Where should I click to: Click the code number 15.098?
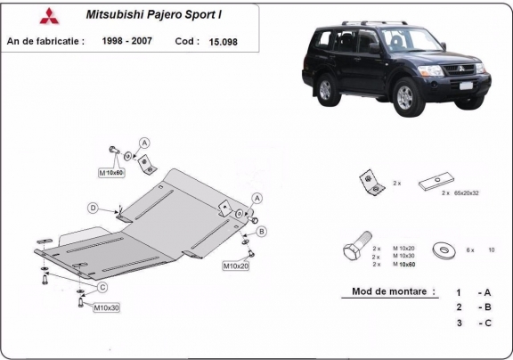pyautogui.click(x=224, y=40)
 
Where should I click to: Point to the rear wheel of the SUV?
pyautogui.click(x=323, y=88)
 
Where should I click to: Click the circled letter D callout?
pyautogui.click(x=92, y=208)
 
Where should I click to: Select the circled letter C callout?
pyautogui.click(x=102, y=286)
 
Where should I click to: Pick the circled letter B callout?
pyautogui.click(x=262, y=232)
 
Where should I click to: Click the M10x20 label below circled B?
pyautogui.click(x=236, y=266)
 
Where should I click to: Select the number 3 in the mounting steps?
pyautogui.click(x=458, y=323)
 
